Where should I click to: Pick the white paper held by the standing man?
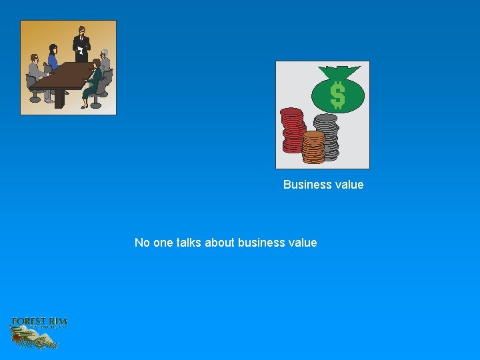pos(81,50)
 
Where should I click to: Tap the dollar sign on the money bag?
pos(338,95)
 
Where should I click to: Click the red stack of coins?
pos(292,130)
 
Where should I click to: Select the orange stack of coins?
pos(313,147)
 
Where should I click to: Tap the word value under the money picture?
pos(349,185)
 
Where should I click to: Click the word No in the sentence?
pos(142,243)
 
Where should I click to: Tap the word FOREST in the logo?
pos(27,322)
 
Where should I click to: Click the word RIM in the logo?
pos(57,322)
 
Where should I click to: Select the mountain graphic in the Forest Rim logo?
pos(37,339)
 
